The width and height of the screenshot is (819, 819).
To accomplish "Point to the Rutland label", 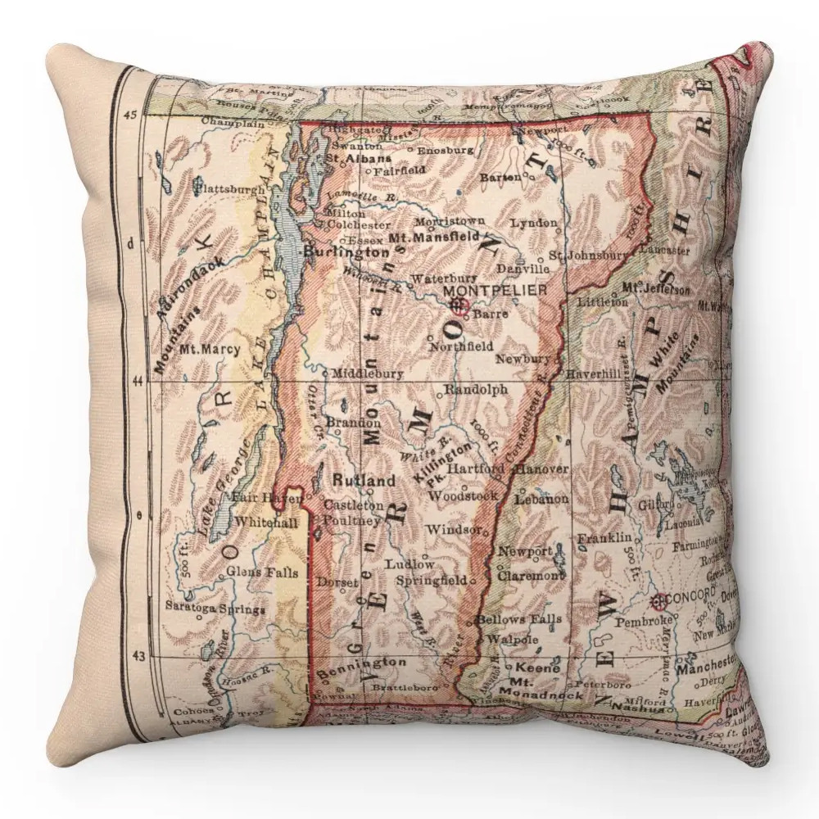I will pos(363,480).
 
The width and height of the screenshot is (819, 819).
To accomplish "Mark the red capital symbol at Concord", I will pos(658,604).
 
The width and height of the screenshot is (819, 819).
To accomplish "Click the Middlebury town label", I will pos(368,373).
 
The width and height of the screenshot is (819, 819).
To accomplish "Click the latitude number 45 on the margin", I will pos(130,114).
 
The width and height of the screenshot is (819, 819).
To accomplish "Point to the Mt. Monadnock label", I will pos(546,690).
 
